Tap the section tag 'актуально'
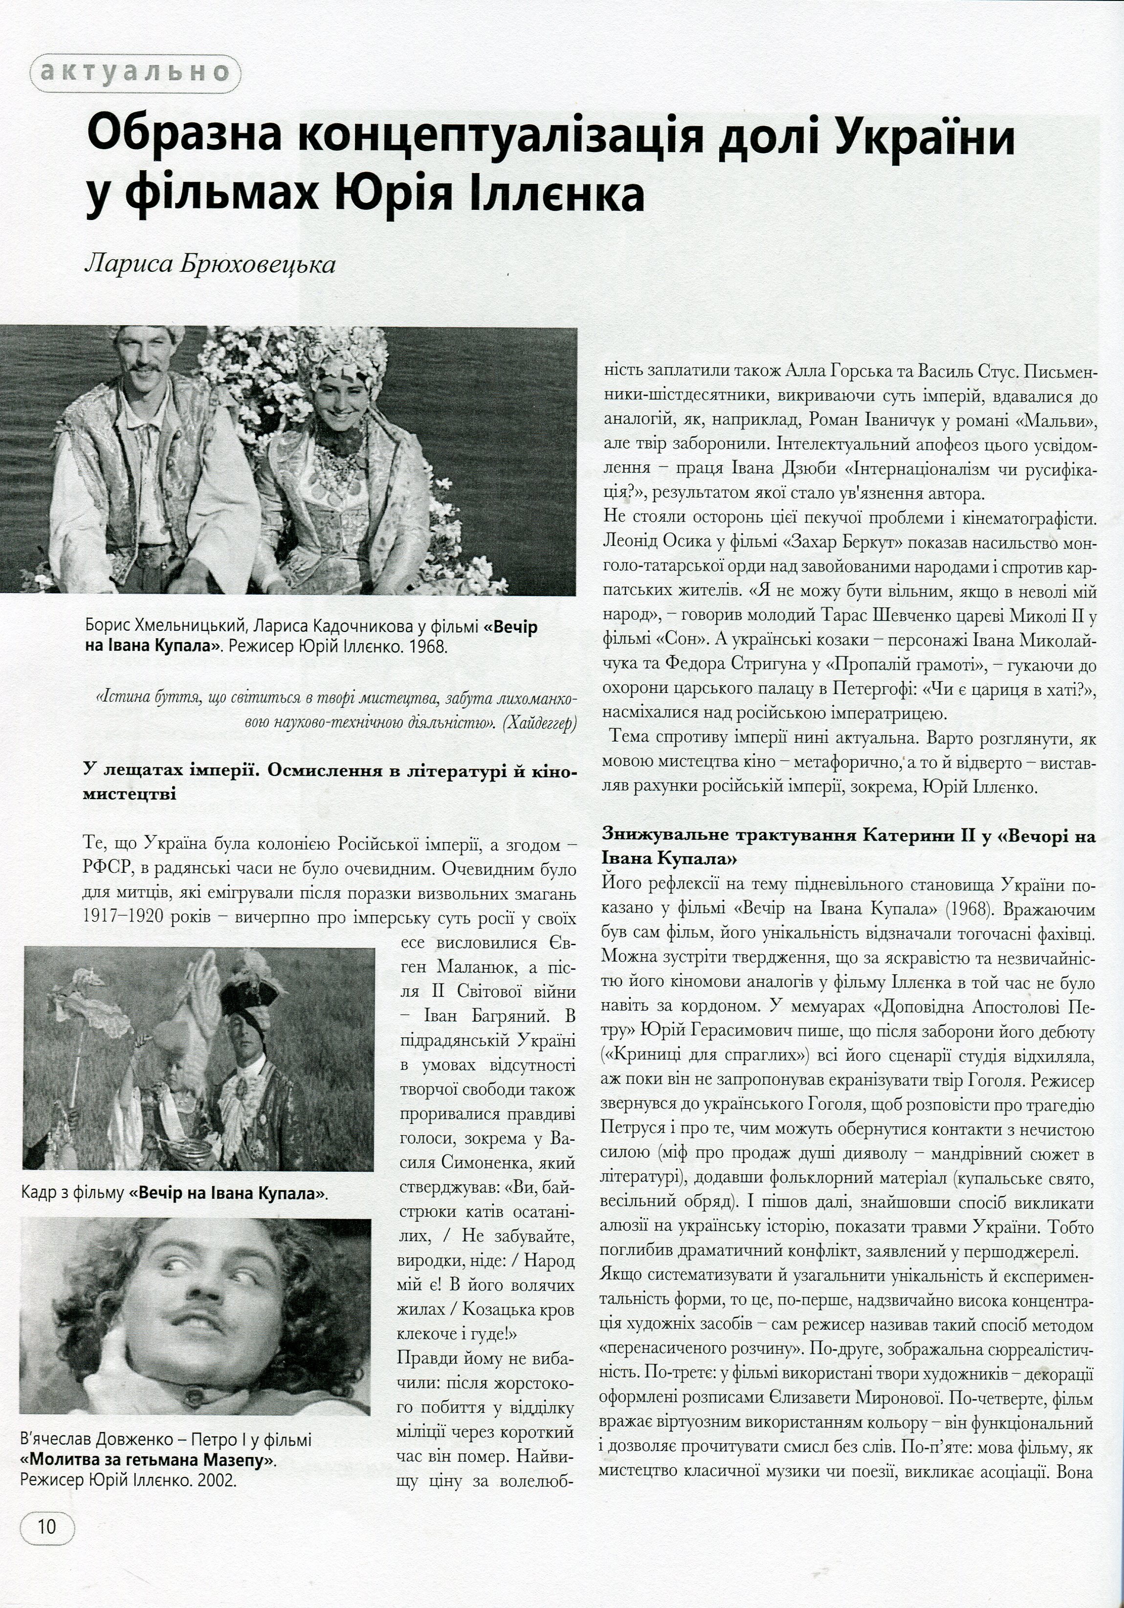click(134, 73)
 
